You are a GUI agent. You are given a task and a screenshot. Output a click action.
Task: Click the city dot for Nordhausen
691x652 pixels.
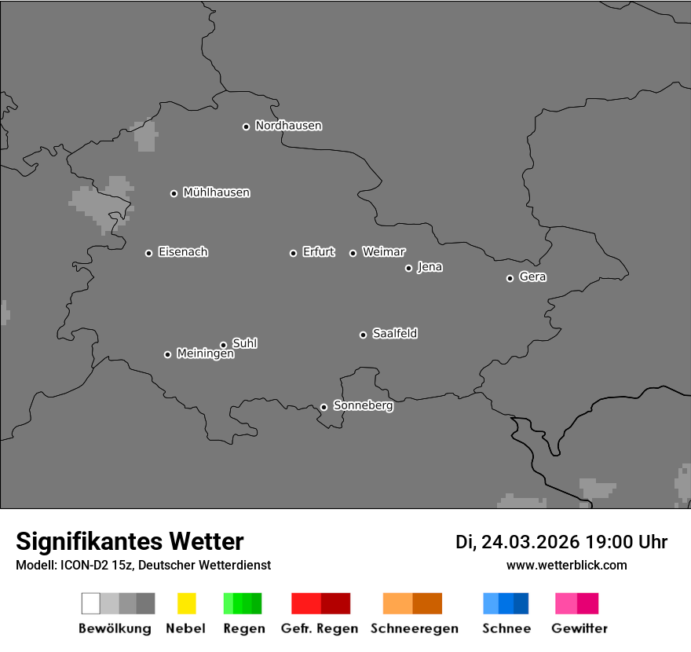pos(246,126)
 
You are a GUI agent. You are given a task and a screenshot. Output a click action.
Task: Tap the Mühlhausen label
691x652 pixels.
pos(216,192)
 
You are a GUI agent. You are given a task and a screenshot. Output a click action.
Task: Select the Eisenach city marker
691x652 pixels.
pos(148,253)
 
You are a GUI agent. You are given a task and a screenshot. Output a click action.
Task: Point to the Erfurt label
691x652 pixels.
pos(318,252)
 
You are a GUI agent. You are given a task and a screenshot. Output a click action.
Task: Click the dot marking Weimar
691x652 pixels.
pos(353,253)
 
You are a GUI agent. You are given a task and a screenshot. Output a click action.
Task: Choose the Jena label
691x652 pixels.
pos(430,267)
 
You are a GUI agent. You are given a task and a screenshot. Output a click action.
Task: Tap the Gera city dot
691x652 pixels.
pos(510,278)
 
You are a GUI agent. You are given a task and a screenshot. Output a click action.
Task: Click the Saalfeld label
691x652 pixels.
pos(394,334)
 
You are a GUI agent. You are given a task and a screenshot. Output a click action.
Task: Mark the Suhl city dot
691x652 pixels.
pos(223,345)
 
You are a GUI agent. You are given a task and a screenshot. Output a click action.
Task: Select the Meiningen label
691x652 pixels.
pos(205,354)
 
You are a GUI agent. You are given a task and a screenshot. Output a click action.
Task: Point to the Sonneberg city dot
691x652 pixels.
pos(324,407)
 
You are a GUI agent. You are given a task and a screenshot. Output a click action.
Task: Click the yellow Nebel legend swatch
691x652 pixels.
pos(186,603)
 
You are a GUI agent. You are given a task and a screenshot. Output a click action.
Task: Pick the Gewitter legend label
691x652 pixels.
pos(579,628)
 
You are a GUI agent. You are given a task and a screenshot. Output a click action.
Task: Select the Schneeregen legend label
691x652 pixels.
pos(415,628)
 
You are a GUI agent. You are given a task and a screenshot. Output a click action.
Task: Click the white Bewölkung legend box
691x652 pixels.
pos(91,603)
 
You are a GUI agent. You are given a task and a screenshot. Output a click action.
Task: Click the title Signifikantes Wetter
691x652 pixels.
pos(130,542)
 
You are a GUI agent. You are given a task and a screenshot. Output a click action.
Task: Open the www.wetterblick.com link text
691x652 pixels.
pos(566,566)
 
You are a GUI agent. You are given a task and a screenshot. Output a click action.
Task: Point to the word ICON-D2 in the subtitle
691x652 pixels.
pos(80,566)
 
